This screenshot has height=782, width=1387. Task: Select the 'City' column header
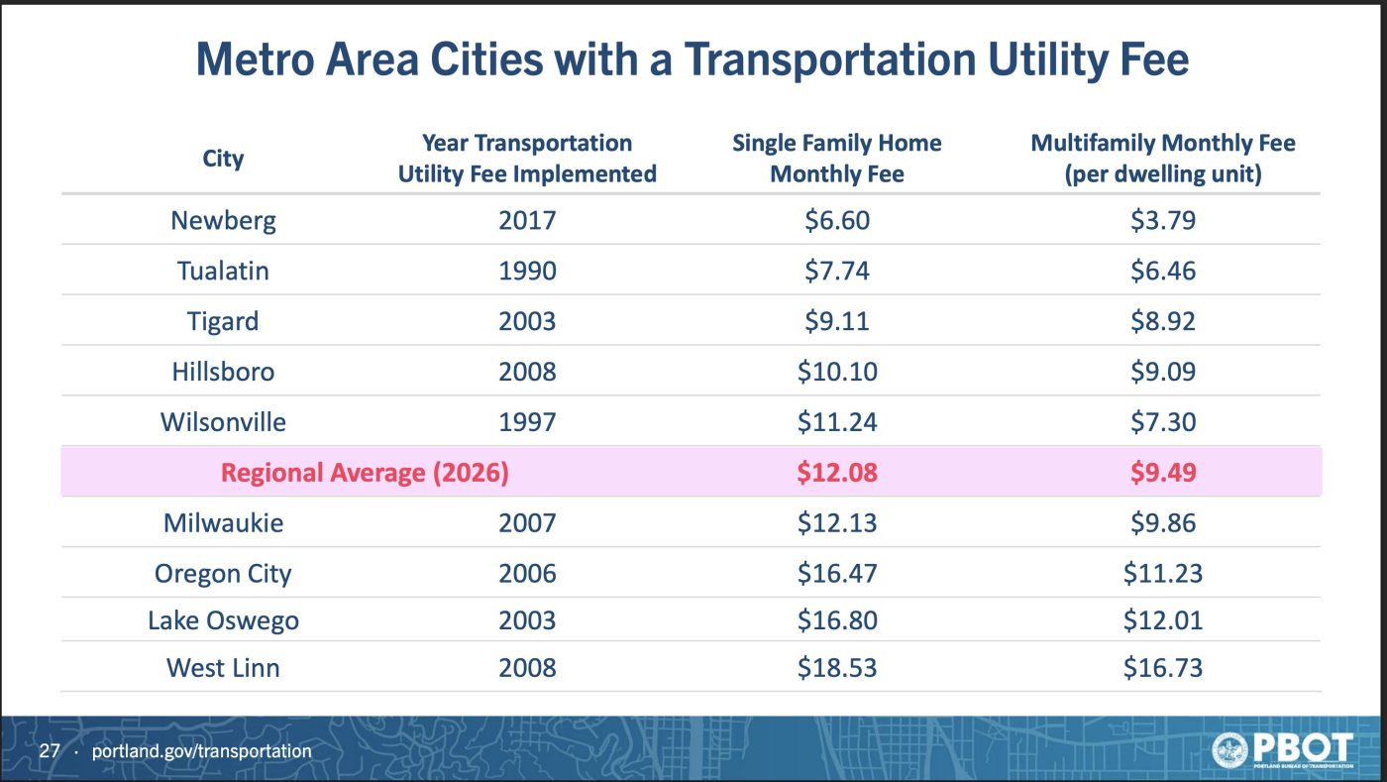pyautogui.click(x=223, y=159)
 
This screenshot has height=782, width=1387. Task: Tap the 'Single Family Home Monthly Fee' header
pyautogui.click(x=837, y=159)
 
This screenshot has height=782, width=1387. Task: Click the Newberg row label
pyautogui.click(x=223, y=219)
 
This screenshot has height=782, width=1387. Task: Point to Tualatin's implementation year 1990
pyautogui.click(x=527, y=271)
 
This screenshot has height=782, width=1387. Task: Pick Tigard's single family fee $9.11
pyautogui.click(x=837, y=321)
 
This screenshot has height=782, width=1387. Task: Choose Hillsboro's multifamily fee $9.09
pyautogui.click(x=1162, y=372)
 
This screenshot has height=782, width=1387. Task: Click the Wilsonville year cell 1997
pyautogui.click(x=527, y=422)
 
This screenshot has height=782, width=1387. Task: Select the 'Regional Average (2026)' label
pyautogui.click(x=365, y=473)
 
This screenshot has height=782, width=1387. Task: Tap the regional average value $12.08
pyautogui.click(x=837, y=473)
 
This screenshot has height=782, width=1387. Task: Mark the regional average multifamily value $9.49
pyautogui.click(x=1162, y=473)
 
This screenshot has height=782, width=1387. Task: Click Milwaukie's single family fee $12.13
pyautogui.click(x=837, y=522)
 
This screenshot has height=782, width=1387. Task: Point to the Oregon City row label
pyautogui.click(x=223, y=574)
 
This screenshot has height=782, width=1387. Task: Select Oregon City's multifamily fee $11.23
pyautogui.click(x=1162, y=574)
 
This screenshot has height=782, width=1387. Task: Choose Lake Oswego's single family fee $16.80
pyautogui.click(x=837, y=620)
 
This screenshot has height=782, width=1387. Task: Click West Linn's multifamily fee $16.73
pyautogui.click(x=1162, y=668)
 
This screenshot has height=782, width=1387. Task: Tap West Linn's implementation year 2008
pyautogui.click(x=527, y=668)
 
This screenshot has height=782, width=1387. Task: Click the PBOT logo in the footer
pyautogui.click(x=1283, y=750)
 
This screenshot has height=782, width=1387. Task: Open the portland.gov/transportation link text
pyautogui.click(x=201, y=751)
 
